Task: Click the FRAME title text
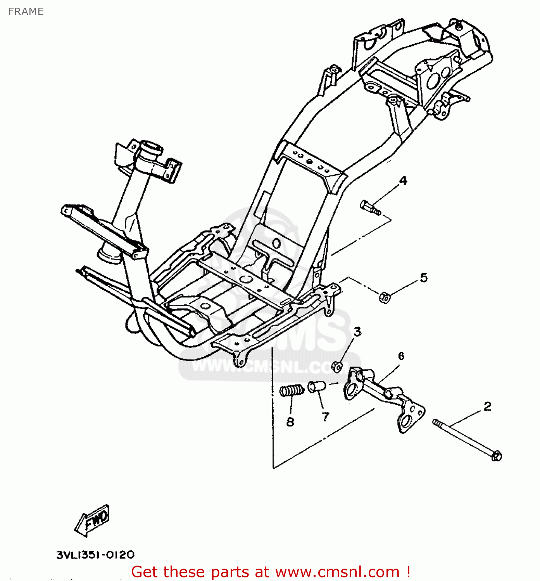(x=26, y=12)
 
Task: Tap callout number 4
(x=403, y=180)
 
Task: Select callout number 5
(x=424, y=278)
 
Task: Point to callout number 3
(x=357, y=332)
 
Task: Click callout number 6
(x=401, y=356)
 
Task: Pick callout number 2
(x=487, y=406)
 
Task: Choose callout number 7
(x=326, y=417)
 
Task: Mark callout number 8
(x=290, y=422)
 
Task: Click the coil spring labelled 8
(x=292, y=390)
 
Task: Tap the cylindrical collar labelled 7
(x=317, y=387)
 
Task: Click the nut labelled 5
(x=384, y=297)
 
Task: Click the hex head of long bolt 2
(x=496, y=456)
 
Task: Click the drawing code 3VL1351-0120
(x=95, y=555)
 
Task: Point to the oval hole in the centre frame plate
(x=276, y=243)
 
